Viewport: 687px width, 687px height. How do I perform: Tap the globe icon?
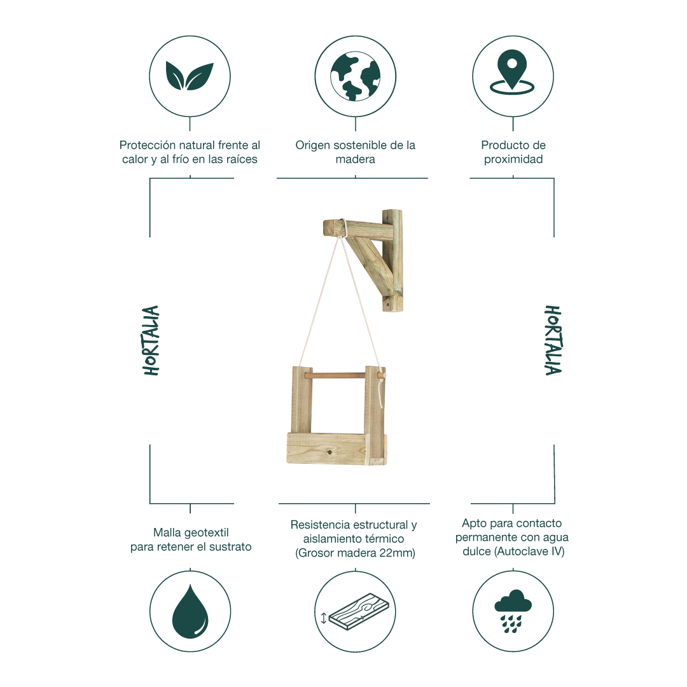356,77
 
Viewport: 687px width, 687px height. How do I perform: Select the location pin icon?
512,73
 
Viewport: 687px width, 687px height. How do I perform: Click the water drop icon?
190,611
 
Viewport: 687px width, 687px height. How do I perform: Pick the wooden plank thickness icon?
356,612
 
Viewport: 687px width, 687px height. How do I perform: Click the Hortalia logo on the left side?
151,340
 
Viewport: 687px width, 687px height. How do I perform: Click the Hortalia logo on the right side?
553,340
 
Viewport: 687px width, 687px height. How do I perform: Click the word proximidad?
513,159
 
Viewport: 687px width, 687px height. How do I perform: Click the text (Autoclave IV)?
529,551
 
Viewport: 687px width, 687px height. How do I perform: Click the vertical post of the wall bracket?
392,261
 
